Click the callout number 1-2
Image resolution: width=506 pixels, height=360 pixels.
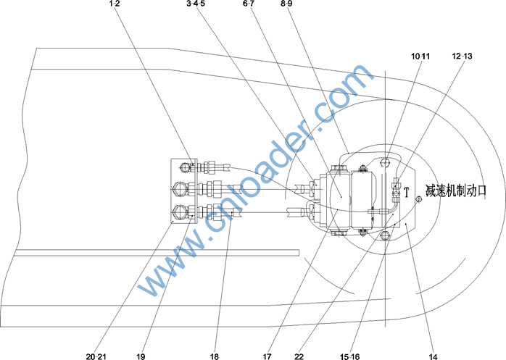point(115,4)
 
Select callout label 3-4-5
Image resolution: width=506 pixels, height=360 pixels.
point(196,4)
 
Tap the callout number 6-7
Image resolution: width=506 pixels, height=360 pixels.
point(248,4)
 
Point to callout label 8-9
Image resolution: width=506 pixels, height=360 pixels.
point(286,4)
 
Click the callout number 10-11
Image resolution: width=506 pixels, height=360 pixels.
point(420,56)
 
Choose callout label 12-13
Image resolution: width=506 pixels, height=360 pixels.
point(462,56)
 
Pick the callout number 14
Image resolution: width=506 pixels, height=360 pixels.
point(433,356)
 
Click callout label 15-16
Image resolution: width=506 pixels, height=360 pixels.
point(350,356)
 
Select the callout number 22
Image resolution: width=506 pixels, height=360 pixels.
point(299,356)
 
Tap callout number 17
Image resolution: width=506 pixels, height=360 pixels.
point(267,356)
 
